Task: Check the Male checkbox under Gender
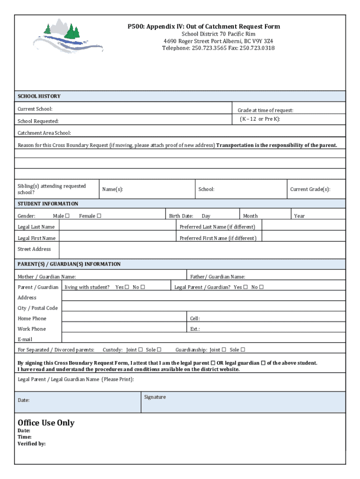[x=67, y=216]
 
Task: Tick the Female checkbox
[x=99, y=216]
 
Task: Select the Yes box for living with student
[x=127, y=287]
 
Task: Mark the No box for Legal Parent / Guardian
[x=261, y=287]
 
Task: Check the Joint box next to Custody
[x=141, y=349]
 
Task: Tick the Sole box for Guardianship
[x=243, y=349]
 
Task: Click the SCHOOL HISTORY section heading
[x=39, y=96]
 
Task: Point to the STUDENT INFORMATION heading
[x=48, y=204]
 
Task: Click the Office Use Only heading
[x=46, y=423]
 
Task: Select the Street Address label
[x=34, y=249]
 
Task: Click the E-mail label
[x=25, y=339]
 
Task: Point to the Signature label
[x=155, y=397]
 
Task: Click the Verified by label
[x=31, y=444]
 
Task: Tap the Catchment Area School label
[x=44, y=133]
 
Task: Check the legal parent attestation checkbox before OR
[x=213, y=363]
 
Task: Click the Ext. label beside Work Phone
[x=195, y=329]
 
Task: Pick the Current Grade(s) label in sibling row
[x=310, y=189]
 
